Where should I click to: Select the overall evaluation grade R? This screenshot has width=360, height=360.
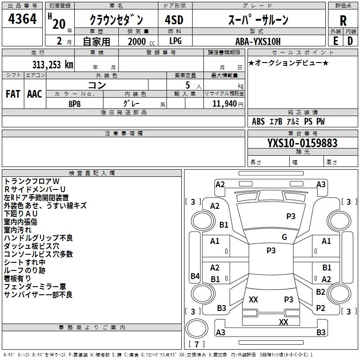pyautogui.click(x=343, y=20)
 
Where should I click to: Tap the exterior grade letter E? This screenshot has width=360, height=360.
pyautogui.click(x=335, y=40)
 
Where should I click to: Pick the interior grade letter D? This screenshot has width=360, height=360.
pyautogui.click(x=350, y=40)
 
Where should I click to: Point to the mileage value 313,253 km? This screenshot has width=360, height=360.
pyautogui.click(x=52, y=64)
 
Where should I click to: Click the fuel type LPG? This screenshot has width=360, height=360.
pyautogui.click(x=175, y=41)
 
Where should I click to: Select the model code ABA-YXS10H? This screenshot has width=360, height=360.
pyautogui.click(x=258, y=41)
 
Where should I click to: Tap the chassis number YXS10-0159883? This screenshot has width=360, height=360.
pyautogui.click(x=302, y=143)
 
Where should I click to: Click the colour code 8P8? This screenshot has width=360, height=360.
pyautogui.click(x=75, y=103)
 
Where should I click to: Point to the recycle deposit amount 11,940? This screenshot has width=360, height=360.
pyautogui.click(x=224, y=103)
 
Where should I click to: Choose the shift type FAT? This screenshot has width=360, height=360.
pyautogui.click(x=13, y=94)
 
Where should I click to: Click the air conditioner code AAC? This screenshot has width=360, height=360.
pyautogui.click(x=35, y=94)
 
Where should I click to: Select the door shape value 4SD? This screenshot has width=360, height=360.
pyautogui.click(x=175, y=20)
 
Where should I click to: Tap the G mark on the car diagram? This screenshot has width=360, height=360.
pyautogui.click(x=284, y=237)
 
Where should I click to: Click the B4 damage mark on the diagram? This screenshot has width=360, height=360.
pyautogui.click(x=195, y=276)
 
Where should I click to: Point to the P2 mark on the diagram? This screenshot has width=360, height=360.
pyautogui.click(x=320, y=308)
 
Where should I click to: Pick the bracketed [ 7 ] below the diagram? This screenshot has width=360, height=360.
pyautogui.click(x=196, y=344)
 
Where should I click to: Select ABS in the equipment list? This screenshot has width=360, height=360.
pyautogui.click(x=258, y=121)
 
